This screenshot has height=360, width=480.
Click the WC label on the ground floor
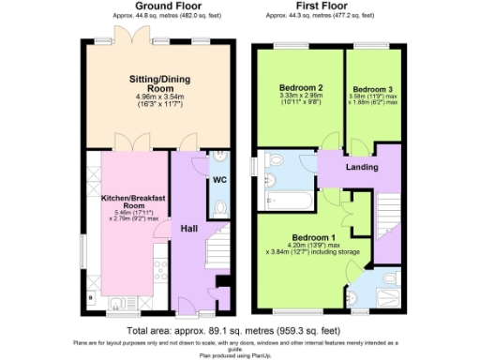[219, 178]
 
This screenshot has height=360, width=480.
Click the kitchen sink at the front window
[120, 303]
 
